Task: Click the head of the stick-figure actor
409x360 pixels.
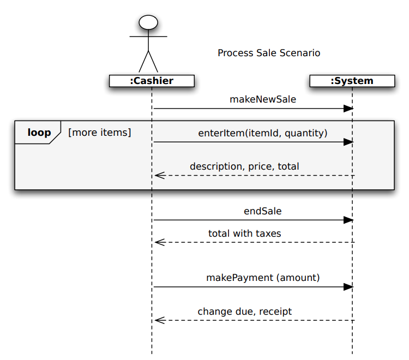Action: [x=148, y=22]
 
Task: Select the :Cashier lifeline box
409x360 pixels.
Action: [x=152, y=81]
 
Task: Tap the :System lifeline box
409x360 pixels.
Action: [x=352, y=81]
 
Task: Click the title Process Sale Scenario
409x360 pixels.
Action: [x=269, y=53]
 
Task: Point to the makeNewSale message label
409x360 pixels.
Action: [x=263, y=99]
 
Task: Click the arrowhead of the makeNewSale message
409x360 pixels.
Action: [x=348, y=109]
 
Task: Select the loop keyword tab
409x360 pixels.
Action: [x=39, y=133]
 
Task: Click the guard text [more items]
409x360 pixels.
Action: [x=99, y=132]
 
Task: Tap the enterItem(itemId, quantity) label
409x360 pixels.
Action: [x=263, y=133]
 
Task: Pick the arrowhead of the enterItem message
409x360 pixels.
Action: [x=348, y=142]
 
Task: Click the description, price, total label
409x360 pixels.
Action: [x=244, y=166]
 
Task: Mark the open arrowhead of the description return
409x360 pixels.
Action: [x=159, y=175]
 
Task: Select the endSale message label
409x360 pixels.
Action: [x=263, y=211]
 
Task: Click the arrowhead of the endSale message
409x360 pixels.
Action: [x=348, y=220]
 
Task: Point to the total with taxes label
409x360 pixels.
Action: [x=245, y=233]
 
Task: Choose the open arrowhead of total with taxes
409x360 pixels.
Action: [x=159, y=242]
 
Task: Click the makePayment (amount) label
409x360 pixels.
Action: [x=263, y=278]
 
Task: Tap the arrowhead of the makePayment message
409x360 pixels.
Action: [x=348, y=287]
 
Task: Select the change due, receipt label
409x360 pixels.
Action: [x=245, y=311]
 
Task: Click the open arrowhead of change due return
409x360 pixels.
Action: [x=159, y=320]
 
